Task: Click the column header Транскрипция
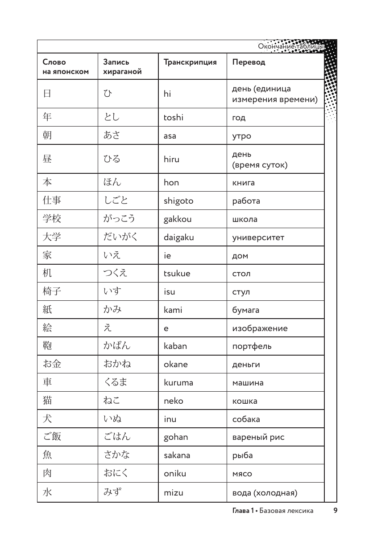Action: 190,62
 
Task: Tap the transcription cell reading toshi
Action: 174,118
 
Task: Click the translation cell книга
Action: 243,183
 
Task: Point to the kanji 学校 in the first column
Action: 51,219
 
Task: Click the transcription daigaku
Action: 178,238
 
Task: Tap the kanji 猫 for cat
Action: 47,401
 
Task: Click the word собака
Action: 246,419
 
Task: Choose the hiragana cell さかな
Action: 116,455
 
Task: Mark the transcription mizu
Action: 174,493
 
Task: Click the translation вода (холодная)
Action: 265,493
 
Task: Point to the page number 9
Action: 335,511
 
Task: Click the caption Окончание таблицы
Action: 290,46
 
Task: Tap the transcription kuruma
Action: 178,383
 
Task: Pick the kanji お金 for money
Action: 51,364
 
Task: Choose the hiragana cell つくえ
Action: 115,273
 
